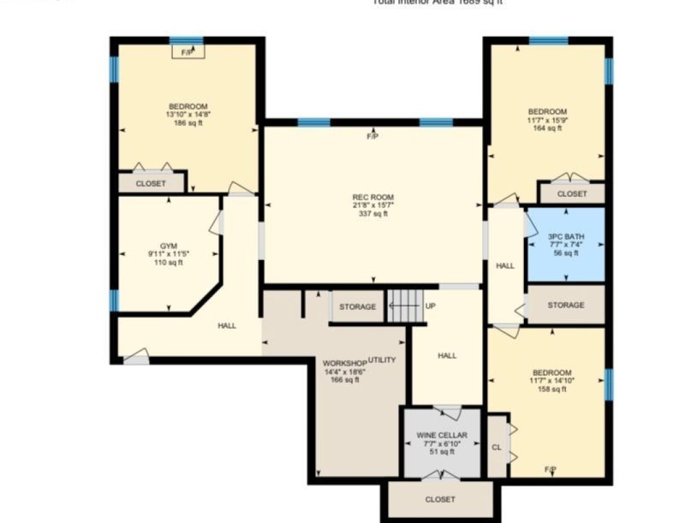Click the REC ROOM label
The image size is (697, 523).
pos(372,197)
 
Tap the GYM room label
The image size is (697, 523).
pos(168,246)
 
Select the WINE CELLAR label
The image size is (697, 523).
pos(441,435)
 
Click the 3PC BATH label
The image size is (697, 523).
pos(566,236)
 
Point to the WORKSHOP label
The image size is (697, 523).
pos(345,363)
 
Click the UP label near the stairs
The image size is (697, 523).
pos(430,306)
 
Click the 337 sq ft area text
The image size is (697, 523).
pos(372,214)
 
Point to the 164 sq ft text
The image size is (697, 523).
pos(547,128)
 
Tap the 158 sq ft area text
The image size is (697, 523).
pos(552,389)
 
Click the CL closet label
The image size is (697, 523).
pos(496,447)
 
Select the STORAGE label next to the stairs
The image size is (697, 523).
pos(357,307)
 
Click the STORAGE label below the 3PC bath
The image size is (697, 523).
pos(566,305)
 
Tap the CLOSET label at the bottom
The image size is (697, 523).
pos(441,499)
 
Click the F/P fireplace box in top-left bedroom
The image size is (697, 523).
pos(188,50)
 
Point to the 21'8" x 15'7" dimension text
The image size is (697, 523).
pos(372,205)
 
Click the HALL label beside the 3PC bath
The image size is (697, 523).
pos(505,265)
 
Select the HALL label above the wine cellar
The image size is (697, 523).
pos(447,356)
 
